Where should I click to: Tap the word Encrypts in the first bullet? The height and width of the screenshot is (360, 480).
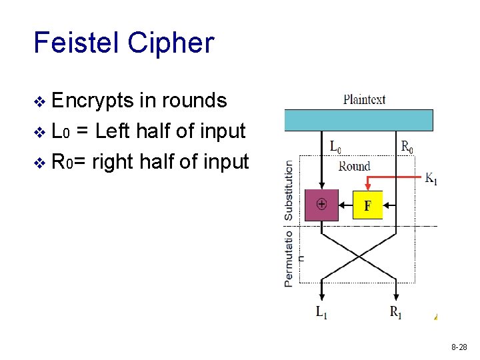click(93, 101)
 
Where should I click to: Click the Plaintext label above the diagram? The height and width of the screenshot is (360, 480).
click(364, 100)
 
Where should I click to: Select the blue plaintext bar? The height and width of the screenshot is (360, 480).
click(359, 120)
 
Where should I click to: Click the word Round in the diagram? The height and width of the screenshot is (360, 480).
click(353, 166)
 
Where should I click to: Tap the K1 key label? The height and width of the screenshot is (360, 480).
click(431, 179)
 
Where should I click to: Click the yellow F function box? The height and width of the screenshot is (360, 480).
click(367, 205)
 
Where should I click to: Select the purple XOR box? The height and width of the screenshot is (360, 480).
click(321, 205)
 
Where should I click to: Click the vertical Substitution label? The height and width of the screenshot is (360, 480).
click(289, 190)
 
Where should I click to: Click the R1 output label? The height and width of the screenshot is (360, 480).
click(396, 311)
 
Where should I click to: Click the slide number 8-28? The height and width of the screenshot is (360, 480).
click(459, 347)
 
